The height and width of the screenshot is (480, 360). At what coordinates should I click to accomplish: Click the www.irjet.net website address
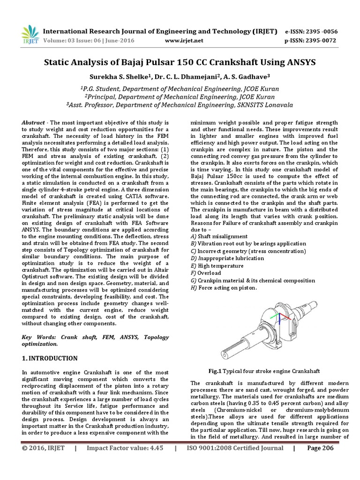[x=185, y=41]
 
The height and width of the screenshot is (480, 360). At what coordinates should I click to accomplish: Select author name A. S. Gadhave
[x=247, y=76]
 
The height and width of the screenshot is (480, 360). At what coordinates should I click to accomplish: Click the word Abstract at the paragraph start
[x=33, y=122]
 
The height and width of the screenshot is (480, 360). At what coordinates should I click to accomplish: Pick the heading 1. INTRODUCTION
[x=50, y=358]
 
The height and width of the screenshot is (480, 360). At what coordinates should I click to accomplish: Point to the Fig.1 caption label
[x=215, y=370]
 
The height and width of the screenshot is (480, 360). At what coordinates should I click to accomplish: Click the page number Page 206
[x=320, y=461]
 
